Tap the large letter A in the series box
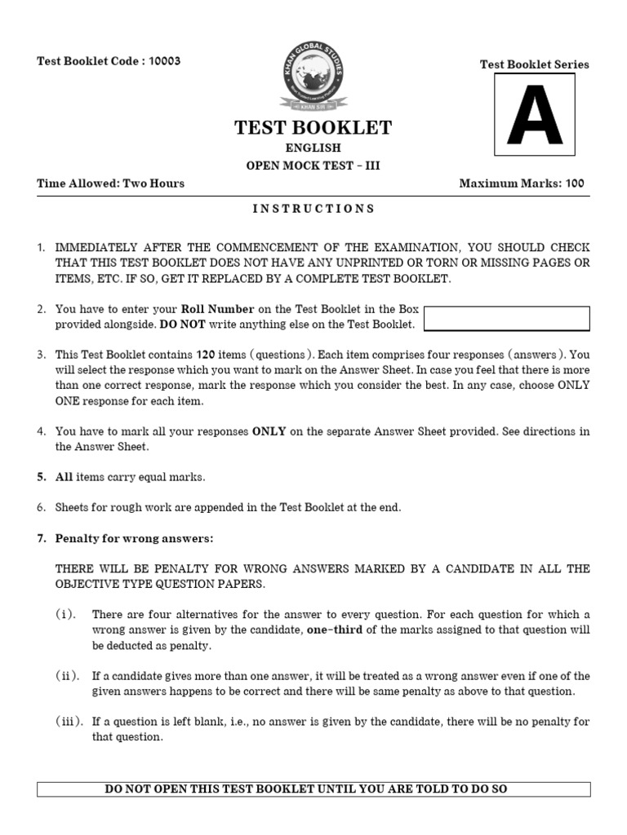click(535, 115)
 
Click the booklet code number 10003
click(164, 61)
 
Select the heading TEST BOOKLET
click(313, 128)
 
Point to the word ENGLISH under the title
click(313, 148)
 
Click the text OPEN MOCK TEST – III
click(313, 166)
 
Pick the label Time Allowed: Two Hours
click(110, 183)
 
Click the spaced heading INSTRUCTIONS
click(313, 209)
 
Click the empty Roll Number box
click(507, 318)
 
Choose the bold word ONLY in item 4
click(269, 431)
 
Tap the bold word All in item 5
click(64, 477)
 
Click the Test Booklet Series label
click(534, 64)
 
